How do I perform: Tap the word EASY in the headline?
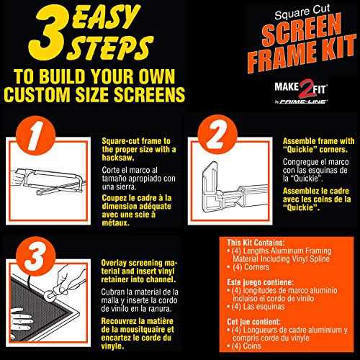coord(106,18)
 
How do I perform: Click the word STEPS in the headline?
coord(109,48)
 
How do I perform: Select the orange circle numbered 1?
coord(36,135)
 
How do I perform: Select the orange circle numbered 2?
coord(217,135)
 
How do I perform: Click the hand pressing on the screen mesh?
coord(21,319)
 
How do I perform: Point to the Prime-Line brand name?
coord(304,102)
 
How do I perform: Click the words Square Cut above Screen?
coord(302,12)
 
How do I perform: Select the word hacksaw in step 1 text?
coord(118,158)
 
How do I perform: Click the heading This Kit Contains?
coord(256,243)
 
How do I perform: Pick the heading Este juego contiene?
coord(261,282)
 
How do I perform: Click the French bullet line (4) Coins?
coord(244,346)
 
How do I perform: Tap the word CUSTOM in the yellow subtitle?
coord(37,94)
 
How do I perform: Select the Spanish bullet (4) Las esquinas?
coord(256,307)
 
